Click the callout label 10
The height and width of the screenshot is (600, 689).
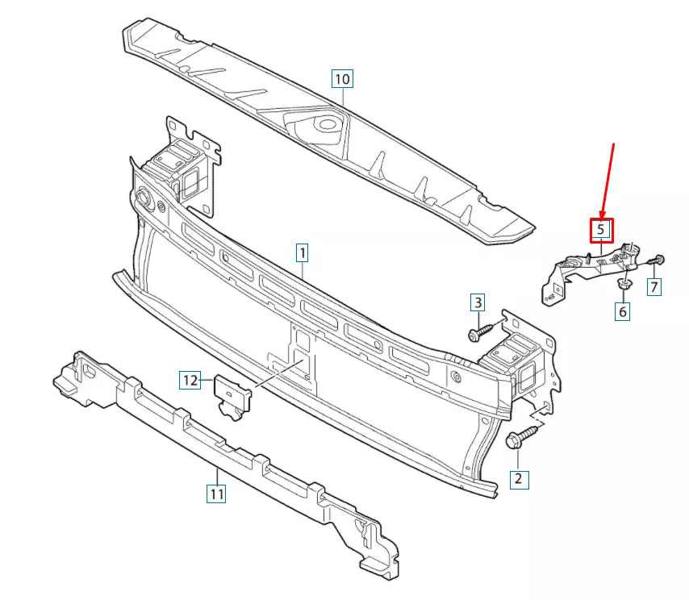pos(342,79)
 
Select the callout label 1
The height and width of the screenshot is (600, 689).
pos(301,253)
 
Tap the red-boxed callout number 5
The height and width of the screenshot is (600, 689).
pos(601,231)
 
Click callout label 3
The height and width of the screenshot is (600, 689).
pos(478,302)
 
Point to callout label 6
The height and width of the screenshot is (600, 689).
pos(622,310)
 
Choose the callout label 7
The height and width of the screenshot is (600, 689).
pos(654,285)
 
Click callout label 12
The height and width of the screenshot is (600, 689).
pos(190,380)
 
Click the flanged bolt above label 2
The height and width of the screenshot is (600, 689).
pos(518,440)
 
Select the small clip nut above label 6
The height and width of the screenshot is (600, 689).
pos(624,284)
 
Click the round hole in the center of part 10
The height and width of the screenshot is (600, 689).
pos(327,124)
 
